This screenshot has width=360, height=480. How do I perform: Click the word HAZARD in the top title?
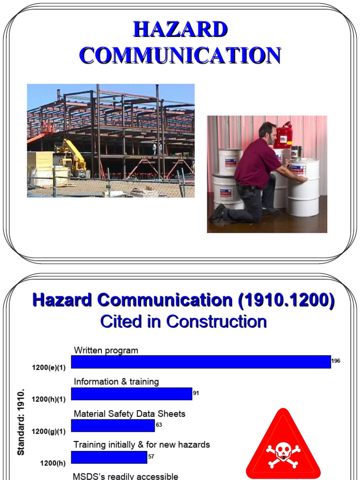[x=180, y=30]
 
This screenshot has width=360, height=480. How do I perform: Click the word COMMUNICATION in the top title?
[x=180, y=55]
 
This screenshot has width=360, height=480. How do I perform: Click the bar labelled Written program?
[x=201, y=362]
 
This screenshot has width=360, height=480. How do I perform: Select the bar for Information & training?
[x=132, y=394]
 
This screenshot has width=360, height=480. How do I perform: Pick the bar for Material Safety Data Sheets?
[x=113, y=426]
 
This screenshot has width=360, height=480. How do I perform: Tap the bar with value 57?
[x=109, y=457]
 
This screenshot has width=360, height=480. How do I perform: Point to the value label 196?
[x=336, y=361]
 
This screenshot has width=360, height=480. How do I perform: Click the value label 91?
[x=196, y=393]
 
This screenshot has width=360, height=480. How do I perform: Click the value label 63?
[x=158, y=425]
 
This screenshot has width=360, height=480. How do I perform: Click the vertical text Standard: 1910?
[x=21, y=422]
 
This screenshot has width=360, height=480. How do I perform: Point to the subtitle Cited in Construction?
[x=183, y=322]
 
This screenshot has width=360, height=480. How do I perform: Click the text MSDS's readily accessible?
[x=125, y=476]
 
